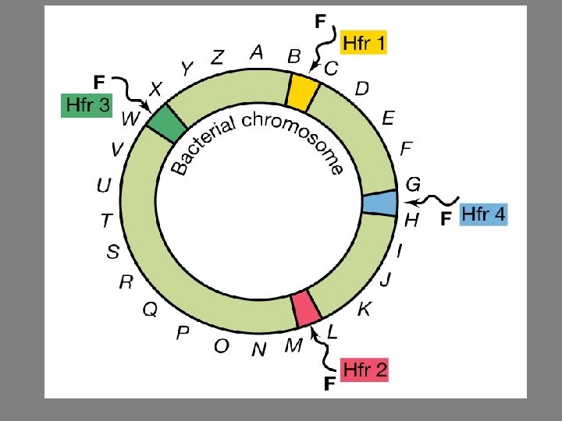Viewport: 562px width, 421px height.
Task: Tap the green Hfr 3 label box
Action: [87, 105]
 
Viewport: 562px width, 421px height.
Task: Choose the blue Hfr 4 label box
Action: [484, 214]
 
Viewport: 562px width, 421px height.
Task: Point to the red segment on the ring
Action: [306, 307]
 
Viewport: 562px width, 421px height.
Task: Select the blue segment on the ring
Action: [380, 203]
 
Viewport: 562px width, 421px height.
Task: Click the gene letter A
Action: [256, 53]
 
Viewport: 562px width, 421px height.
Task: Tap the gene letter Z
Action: [218, 58]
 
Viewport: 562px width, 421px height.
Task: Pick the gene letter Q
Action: [150, 310]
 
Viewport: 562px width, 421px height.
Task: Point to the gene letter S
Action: [114, 251]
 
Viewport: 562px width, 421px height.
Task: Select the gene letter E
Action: [388, 118]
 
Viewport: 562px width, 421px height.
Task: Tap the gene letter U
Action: [104, 186]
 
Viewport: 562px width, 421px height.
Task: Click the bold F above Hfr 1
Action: [321, 22]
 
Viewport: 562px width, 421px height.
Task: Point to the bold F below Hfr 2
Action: [329, 383]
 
